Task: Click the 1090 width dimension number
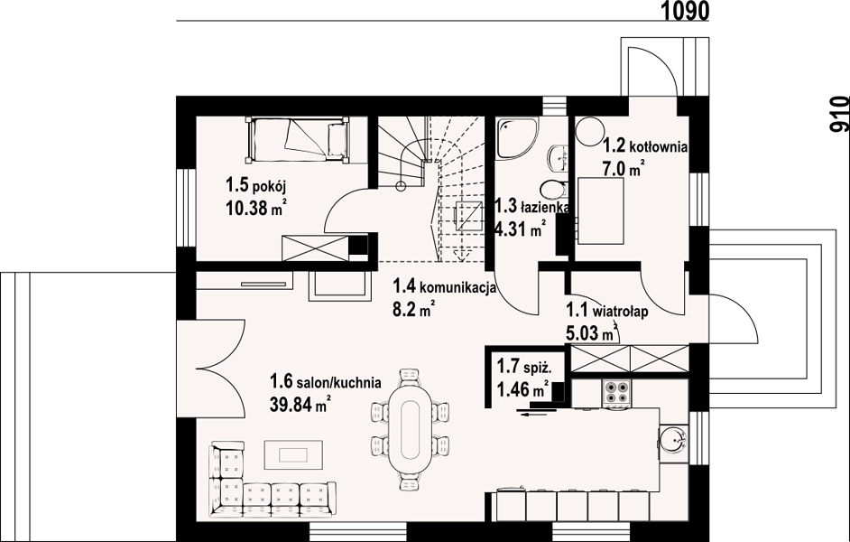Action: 685,10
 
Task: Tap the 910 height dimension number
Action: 839,114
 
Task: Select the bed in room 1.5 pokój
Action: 298,139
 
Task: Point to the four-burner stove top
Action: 617,393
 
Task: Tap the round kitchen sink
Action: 673,438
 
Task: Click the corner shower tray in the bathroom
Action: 517,139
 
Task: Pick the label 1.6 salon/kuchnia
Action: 325,382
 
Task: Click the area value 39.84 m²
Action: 300,404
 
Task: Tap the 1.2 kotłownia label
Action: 646,146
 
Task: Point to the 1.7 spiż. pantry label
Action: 524,368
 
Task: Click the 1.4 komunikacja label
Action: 445,286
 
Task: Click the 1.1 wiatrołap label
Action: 607,312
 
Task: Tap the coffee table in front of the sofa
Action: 293,453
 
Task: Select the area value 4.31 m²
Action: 519,230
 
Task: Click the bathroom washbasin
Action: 558,158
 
